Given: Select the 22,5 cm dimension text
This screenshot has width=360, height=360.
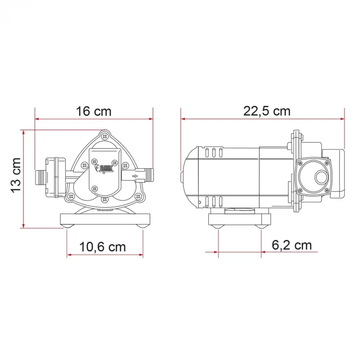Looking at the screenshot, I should (x=267, y=111).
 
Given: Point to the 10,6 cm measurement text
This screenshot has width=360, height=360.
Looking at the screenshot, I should (x=103, y=247).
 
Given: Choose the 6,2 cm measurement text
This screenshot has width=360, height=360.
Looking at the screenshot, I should (x=291, y=245).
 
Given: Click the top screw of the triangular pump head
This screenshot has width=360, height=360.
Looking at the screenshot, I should (x=105, y=136).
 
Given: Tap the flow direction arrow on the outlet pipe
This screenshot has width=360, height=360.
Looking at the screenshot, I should (x=135, y=176).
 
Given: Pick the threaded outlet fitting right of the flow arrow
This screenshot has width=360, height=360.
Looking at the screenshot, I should (x=149, y=176).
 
